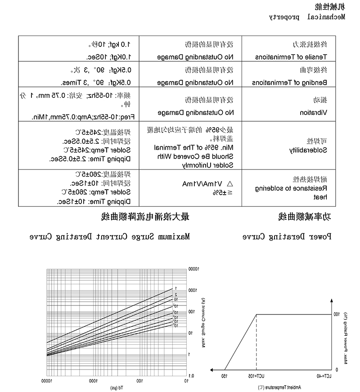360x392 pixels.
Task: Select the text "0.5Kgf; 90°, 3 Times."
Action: tap(95, 83)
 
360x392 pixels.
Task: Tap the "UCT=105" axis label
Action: tap(256, 375)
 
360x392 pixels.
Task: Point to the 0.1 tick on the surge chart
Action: tap(191, 375)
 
